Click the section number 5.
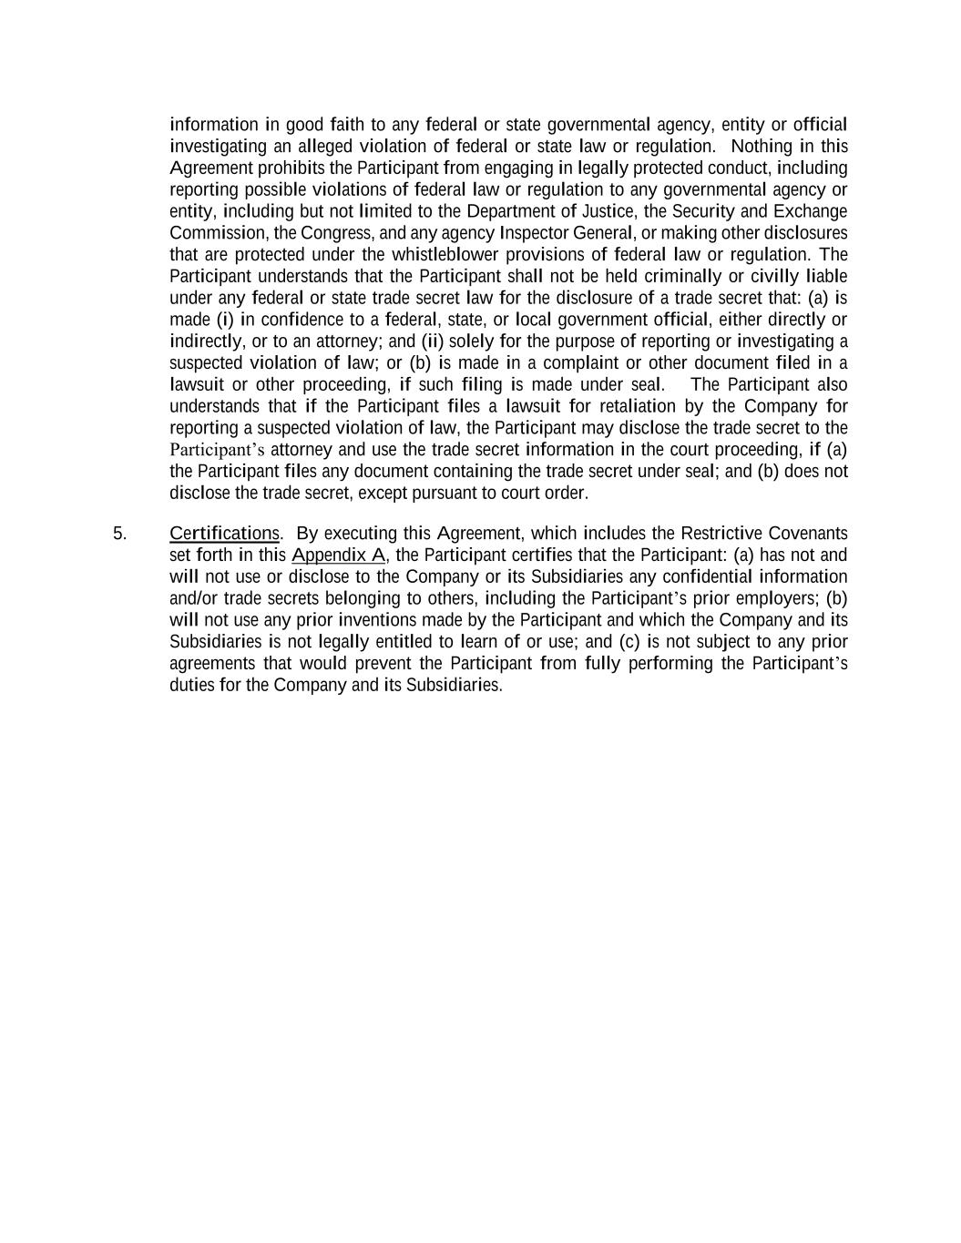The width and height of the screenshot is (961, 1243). click(x=119, y=534)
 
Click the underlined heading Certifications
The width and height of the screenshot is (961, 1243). click(x=224, y=534)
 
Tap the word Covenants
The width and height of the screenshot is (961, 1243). click(x=808, y=534)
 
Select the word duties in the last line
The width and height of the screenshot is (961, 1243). click(x=191, y=685)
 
